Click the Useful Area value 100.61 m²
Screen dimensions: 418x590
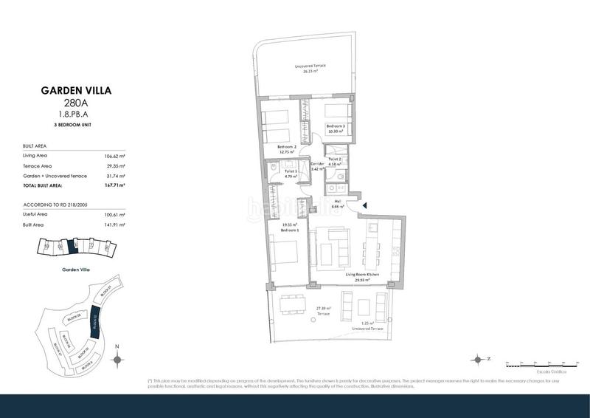tap(115, 213)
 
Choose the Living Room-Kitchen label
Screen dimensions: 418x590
tap(363, 275)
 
